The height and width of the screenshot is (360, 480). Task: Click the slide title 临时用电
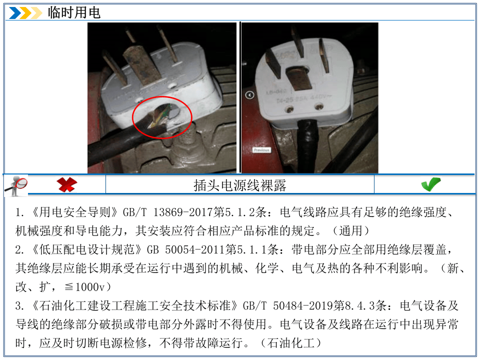pos(74,12)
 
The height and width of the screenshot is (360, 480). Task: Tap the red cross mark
pos(66,184)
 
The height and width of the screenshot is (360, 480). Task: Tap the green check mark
pos(430,184)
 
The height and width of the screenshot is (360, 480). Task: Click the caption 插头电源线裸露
pos(239,185)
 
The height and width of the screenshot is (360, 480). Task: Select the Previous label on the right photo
pos(261,150)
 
